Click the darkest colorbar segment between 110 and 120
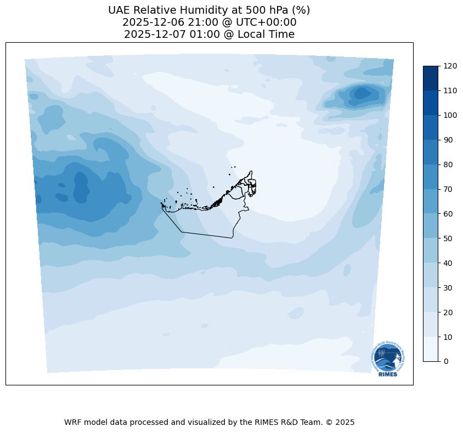(x=431, y=78)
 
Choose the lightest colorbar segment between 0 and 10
(x=431, y=349)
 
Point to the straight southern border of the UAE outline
(x=206, y=235)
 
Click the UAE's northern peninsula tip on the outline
(x=251, y=172)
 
